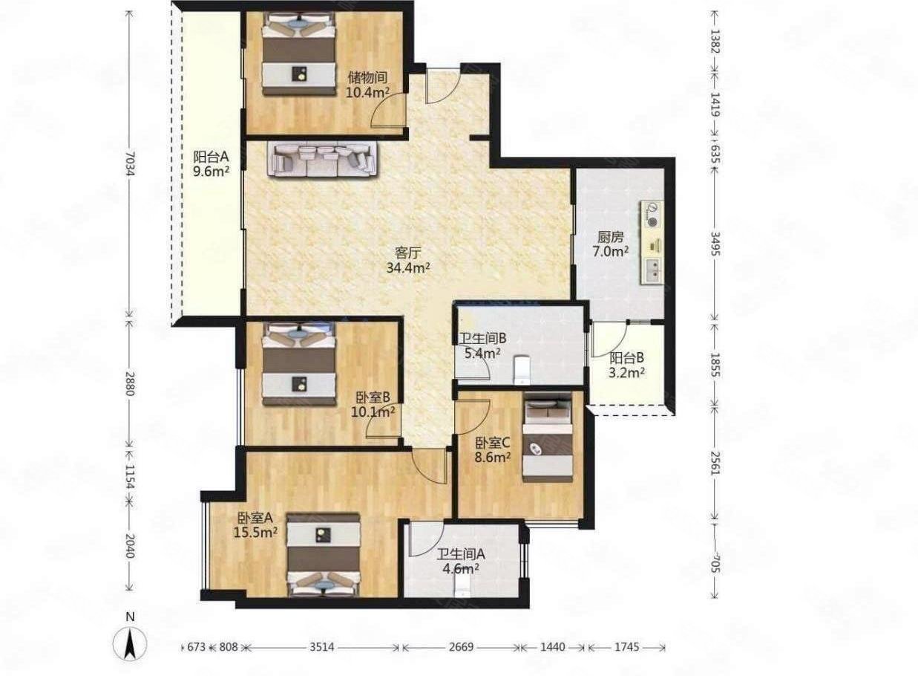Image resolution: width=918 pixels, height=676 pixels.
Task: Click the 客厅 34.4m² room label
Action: (407, 260)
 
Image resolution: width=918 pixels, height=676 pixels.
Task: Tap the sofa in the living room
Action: (322, 159)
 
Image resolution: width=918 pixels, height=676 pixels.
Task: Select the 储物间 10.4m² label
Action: (367, 85)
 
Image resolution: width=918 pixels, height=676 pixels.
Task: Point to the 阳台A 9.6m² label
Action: (211, 163)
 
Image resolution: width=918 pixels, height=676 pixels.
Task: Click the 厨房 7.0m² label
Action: (611, 244)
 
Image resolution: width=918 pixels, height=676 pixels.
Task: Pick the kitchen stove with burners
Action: (651, 215)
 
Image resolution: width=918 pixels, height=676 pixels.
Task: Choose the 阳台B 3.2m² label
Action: (627, 365)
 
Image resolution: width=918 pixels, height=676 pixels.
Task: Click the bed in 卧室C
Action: (548, 438)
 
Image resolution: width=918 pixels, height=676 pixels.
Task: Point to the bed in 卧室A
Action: (324, 555)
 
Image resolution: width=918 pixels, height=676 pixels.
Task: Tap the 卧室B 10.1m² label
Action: (373, 404)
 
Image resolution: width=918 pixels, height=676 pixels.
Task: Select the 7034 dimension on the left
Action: (130, 164)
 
